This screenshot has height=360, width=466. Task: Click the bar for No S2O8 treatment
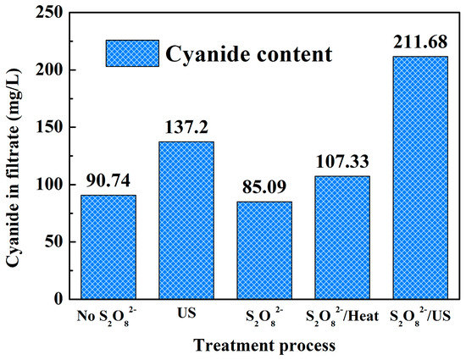tap(108, 246)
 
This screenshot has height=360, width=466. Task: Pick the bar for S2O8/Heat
tap(342, 237)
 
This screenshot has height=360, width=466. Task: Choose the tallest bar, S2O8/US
tap(420, 178)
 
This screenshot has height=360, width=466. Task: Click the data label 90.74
tap(108, 183)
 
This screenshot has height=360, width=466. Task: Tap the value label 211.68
tap(420, 42)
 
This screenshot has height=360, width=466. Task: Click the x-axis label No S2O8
tap(108, 316)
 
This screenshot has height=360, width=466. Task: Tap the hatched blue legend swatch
tap(131, 53)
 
